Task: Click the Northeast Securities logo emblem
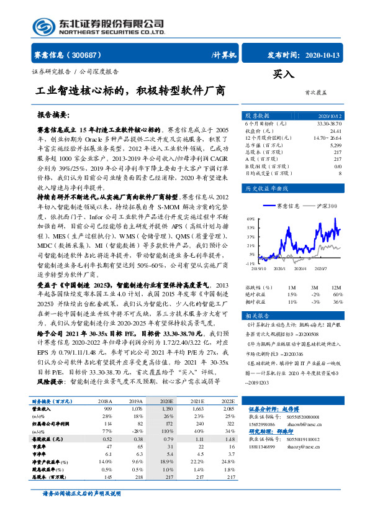point(44,27)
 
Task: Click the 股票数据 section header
point(257,116)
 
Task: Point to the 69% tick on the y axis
point(251,219)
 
